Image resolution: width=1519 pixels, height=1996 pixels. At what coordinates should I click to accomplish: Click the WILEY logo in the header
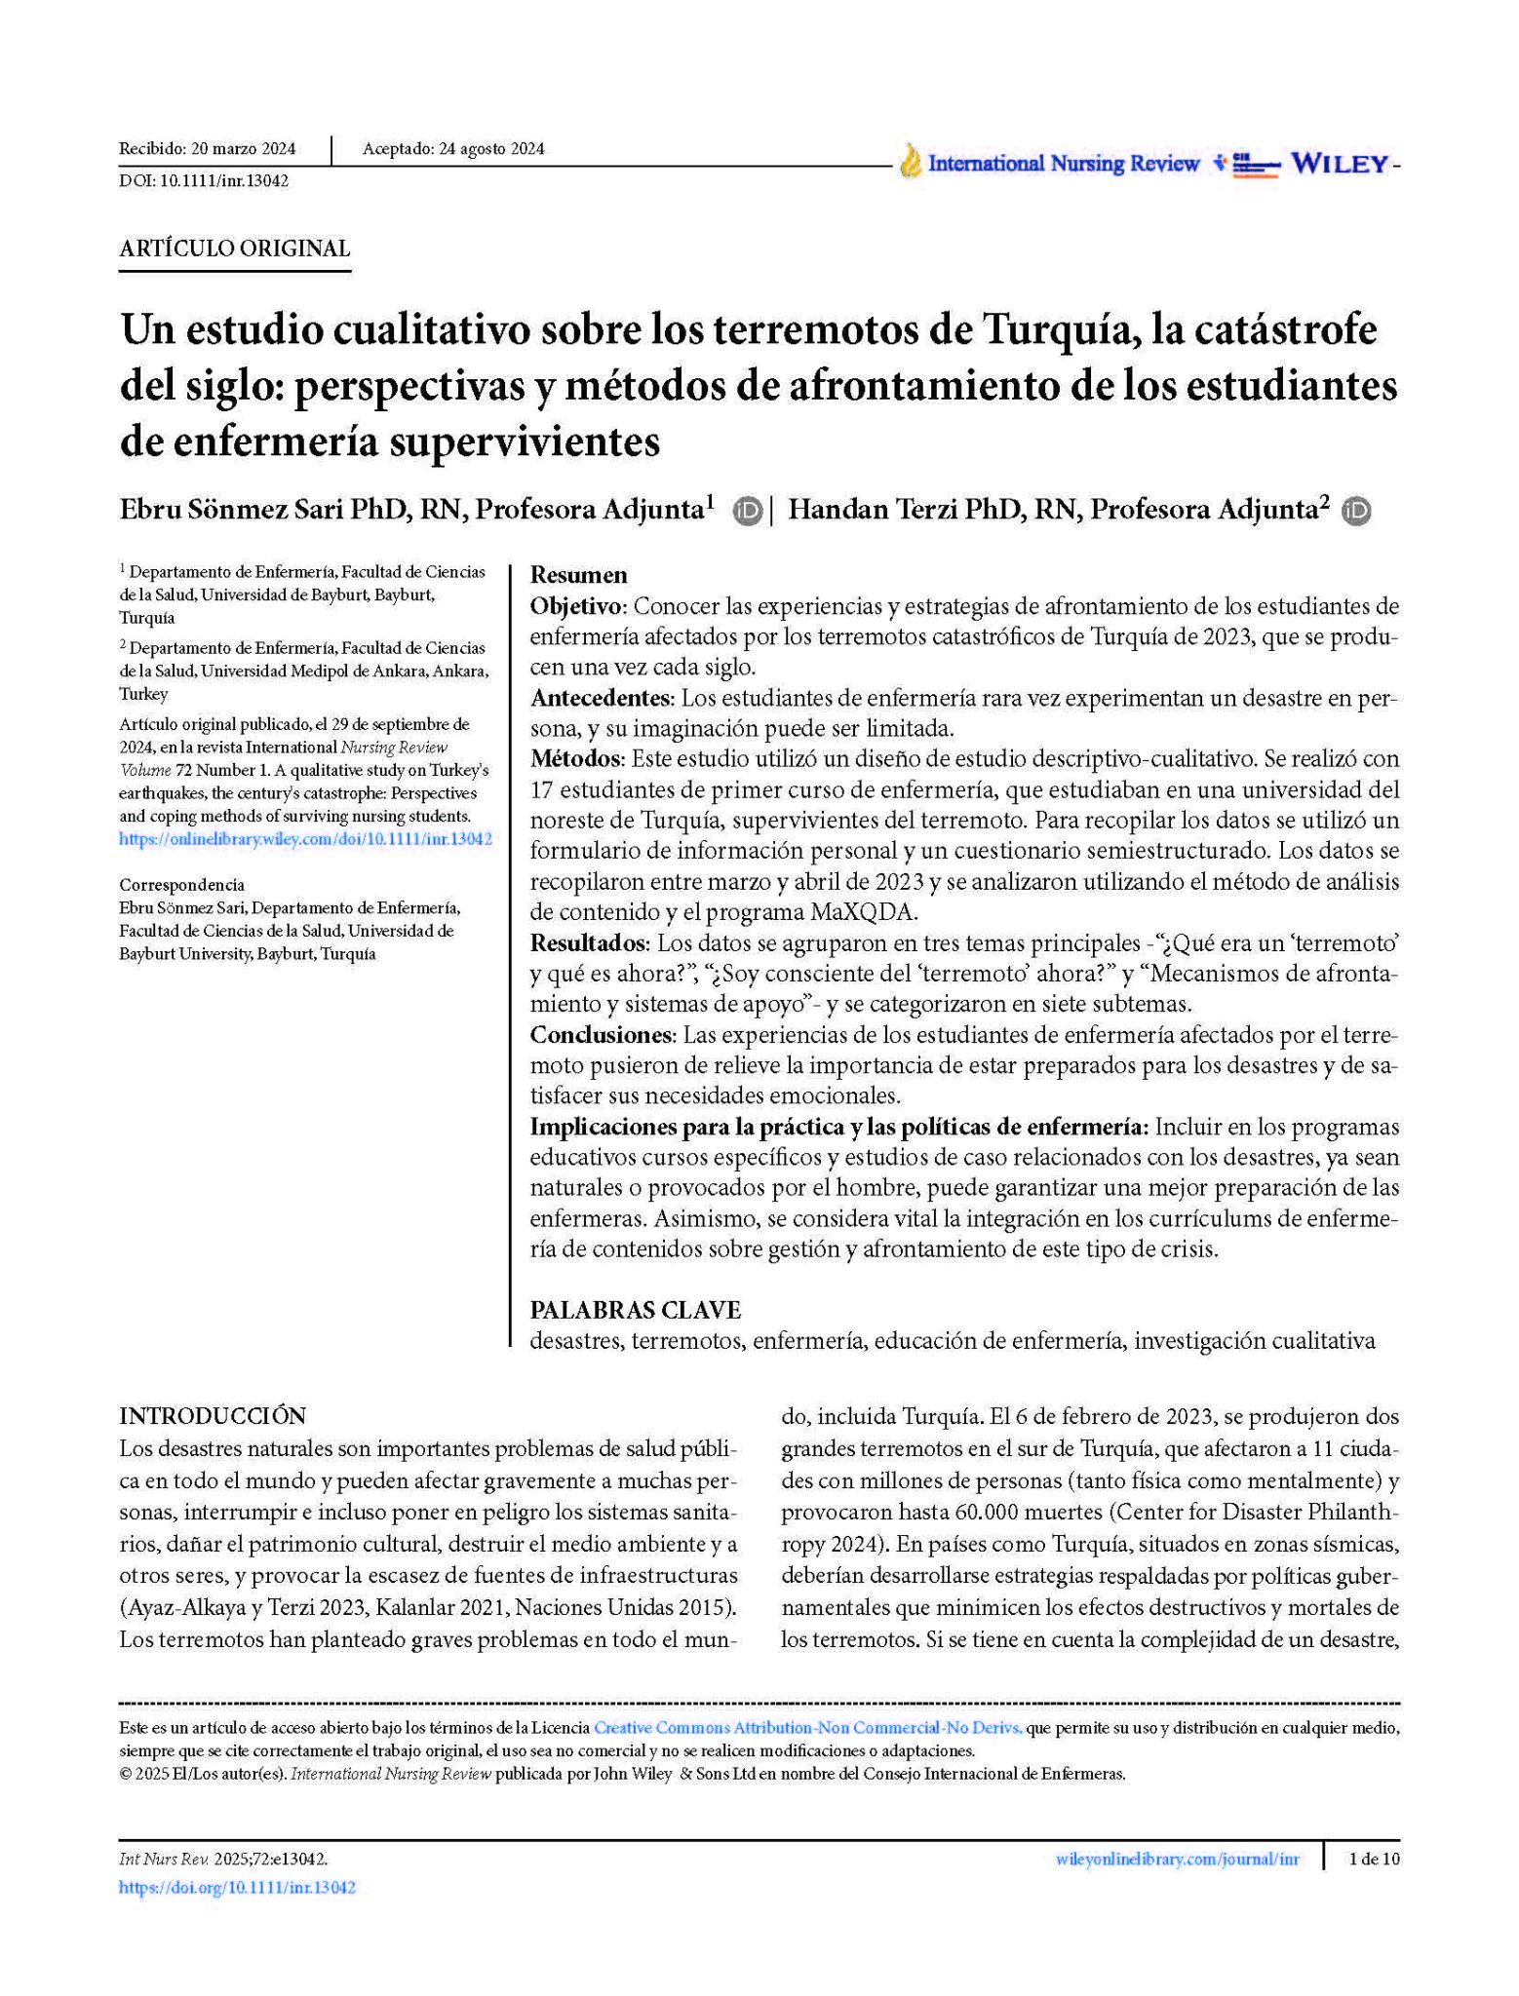[x=1340, y=164]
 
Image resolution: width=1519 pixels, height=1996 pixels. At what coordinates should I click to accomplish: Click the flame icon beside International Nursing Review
[x=910, y=162]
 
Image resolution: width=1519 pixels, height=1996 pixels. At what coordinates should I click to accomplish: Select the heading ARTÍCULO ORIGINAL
[x=234, y=249]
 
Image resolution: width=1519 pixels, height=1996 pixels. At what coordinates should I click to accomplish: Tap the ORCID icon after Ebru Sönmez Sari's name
[x=748, y=511]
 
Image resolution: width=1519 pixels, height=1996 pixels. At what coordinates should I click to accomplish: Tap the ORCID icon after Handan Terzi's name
[x=1356, y=511]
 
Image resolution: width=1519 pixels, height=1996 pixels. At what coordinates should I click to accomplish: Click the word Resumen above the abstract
[x=578, y=575]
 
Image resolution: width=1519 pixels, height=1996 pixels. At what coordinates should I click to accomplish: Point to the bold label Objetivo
[x=577, y=606]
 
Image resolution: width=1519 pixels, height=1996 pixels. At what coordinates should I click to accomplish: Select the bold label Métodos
[x=576, y=758]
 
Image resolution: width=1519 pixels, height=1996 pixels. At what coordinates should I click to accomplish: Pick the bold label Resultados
[x=589, y=942]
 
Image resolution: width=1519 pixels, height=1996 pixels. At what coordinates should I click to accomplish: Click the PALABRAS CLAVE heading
[x=635, y=1310]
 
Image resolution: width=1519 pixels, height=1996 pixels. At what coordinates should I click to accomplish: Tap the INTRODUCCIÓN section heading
[x=213, y=1415]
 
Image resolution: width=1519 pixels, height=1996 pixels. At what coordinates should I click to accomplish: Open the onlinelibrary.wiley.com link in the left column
[x=305, y=839]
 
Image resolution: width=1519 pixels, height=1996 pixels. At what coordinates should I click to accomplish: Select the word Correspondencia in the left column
[x=181, y=885]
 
